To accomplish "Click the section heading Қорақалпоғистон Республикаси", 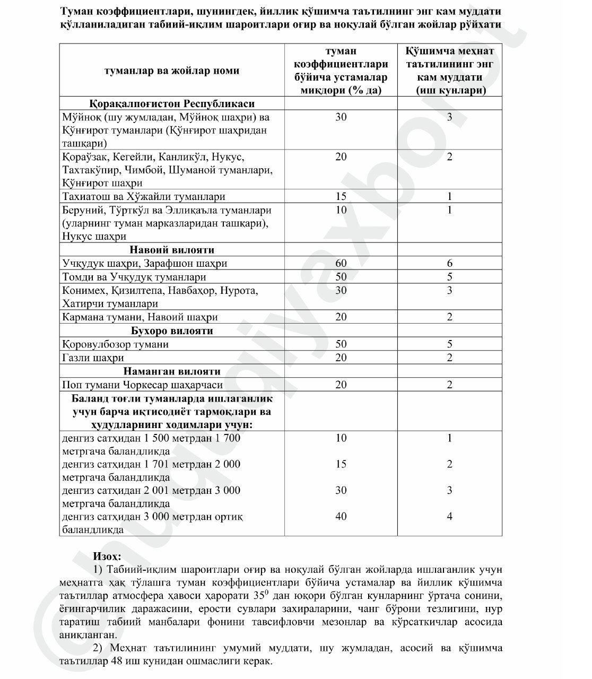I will point(172,103).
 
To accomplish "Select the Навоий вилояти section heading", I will point(172,250).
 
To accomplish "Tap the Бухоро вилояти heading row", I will point(172,331).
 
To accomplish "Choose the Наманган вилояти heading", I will point(172,371).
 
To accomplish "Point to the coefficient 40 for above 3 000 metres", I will point(341,516).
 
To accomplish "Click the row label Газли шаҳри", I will point(93,358).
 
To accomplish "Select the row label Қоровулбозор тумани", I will point(115,344).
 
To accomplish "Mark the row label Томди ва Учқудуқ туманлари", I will point(134,277).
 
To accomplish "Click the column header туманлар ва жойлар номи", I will point(172,71).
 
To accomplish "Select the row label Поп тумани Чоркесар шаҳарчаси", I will point(142,385).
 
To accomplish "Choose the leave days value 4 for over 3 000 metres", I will point(449,516).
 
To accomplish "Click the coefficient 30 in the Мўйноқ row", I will point(341,117).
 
